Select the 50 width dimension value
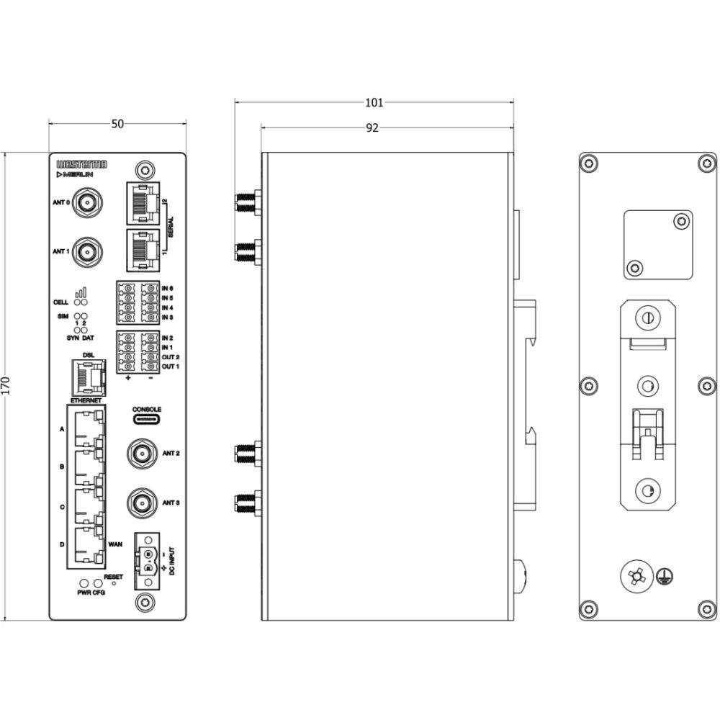click(117, 124)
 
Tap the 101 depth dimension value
click(374, 102)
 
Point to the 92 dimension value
click(372, 128)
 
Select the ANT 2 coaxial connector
click(141, 454)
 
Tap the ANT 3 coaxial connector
click(141, 503)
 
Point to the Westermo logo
click(81, 164)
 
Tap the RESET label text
click(114, 577)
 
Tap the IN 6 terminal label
click(168, 288)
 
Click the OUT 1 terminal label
click(171, 367)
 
